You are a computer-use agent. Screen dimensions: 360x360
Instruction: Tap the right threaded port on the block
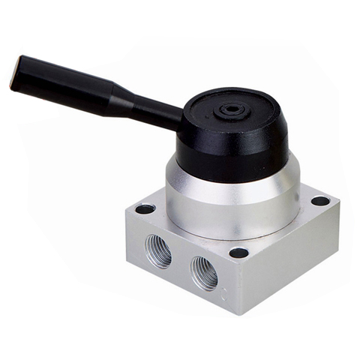pyautogui.click(x=203, y=272)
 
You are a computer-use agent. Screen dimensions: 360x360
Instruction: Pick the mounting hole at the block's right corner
pyautogui.click(x=320, y=201)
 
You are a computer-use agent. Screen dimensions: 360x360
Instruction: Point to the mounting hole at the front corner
pyautogui.click(x=238, y=253)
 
